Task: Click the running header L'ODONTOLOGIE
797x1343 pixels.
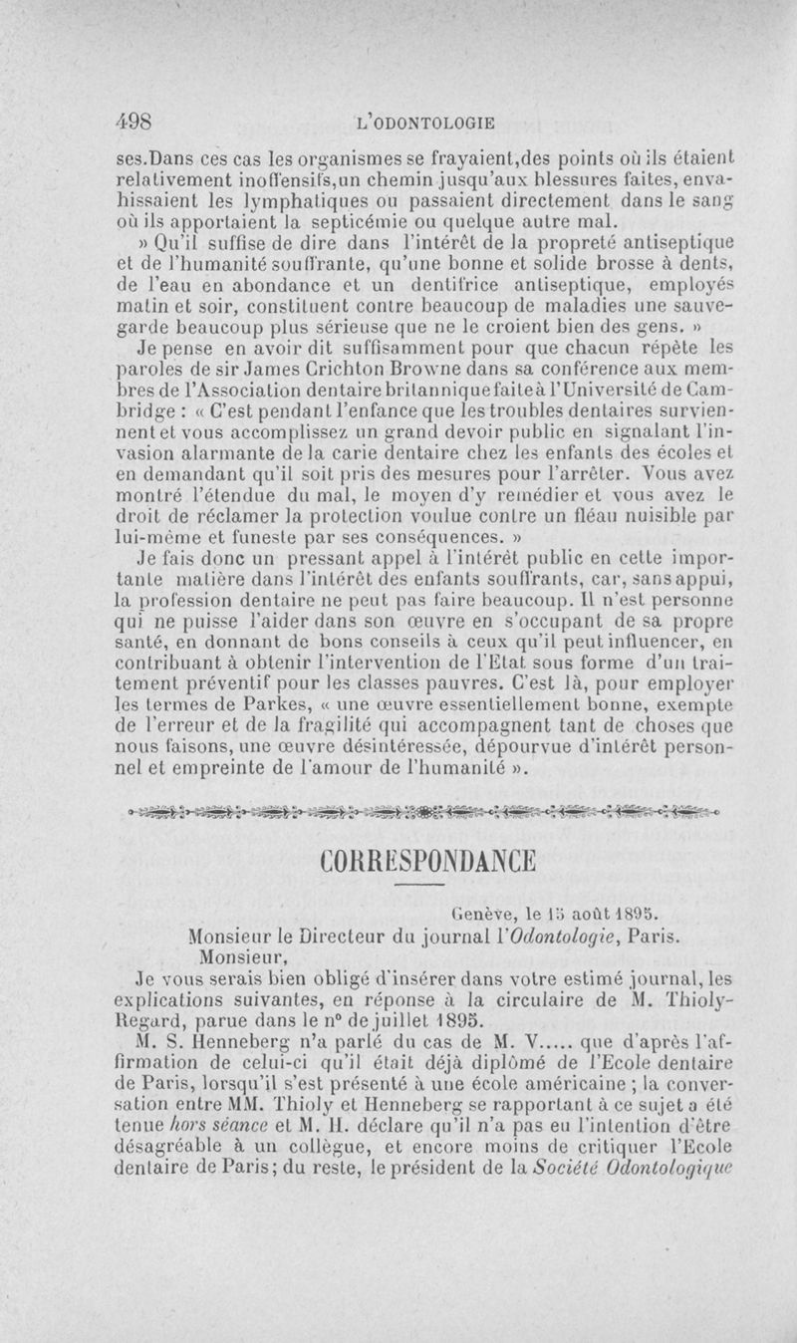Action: click(425, 124)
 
